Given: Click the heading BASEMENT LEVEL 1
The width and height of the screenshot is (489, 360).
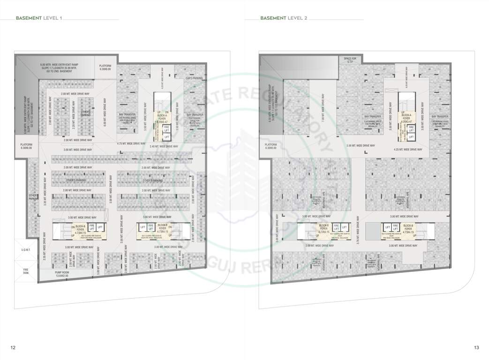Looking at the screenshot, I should coord(39,18).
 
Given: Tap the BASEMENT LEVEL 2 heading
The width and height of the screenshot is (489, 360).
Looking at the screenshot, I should coord(284,18).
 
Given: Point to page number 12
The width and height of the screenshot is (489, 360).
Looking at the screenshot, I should coord(13,347).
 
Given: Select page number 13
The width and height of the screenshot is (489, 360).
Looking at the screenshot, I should coord(476,347).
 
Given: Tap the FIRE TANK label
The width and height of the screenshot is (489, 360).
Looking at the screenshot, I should coord(26,270).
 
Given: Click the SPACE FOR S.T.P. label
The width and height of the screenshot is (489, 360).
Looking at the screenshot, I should coord(350,60).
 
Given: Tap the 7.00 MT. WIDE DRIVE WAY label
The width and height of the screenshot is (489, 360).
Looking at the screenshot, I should coord(323,108).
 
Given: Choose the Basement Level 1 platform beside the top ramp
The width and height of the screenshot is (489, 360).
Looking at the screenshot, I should coord(105,67).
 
